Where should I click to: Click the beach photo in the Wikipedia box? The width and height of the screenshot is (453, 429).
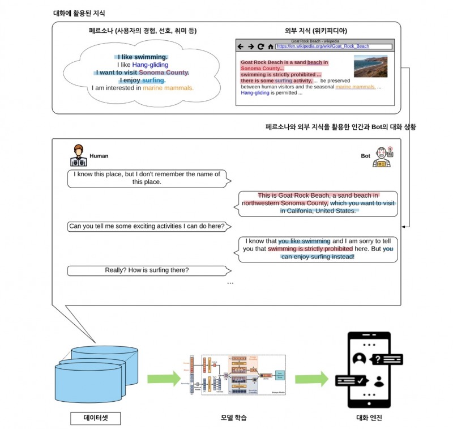(x=370, y=66)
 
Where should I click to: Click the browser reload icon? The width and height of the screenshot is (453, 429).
(x=260, y=46)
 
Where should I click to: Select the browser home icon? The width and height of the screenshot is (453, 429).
(x=270, y=46)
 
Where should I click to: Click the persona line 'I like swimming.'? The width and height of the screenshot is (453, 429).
(x=142, y=57)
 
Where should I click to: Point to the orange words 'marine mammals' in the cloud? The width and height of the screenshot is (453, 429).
(x=168, y=88)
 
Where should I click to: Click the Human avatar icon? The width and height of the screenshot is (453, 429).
(x=79, y=156)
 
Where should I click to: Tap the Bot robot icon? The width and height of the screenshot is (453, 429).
(x=383, y=156)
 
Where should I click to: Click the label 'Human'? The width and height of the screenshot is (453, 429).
(x=99, y=156)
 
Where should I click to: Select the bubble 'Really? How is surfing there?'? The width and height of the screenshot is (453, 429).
(x=147, y=270)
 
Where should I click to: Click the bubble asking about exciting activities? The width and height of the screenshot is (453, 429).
(x=147, y=227)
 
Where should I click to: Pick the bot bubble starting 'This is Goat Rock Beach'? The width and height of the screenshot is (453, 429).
(x=318, y=203)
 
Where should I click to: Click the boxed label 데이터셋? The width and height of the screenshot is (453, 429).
(x=96, y=419)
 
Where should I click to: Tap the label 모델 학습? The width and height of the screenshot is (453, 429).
(x=233, y=418)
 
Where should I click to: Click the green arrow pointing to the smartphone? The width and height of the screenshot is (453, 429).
(x=310, y=379)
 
